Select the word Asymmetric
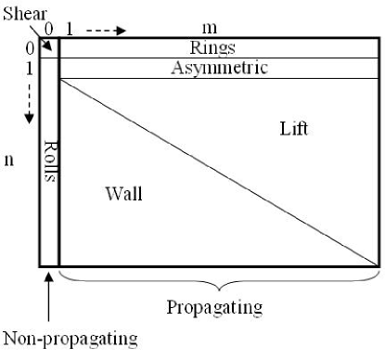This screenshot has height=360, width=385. pos(220,68)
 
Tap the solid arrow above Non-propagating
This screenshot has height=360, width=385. pos(47,294)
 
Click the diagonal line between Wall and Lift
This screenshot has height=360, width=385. pos(219,172)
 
